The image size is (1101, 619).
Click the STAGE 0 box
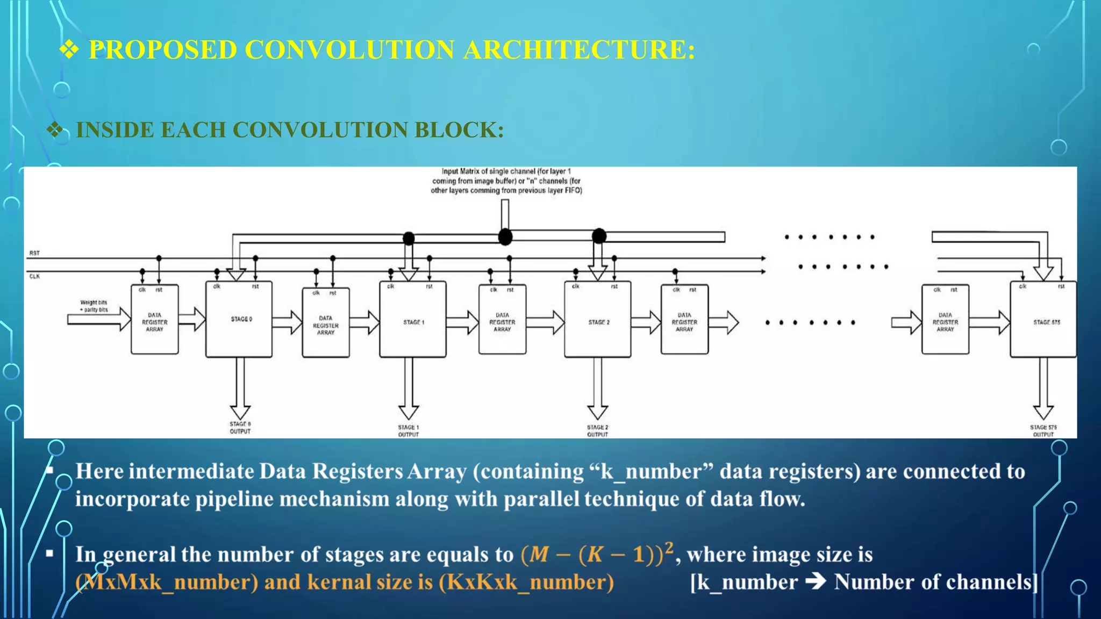[239, 319]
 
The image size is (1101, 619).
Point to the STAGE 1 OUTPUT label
[408, 431]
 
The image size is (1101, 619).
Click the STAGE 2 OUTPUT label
[597, 431]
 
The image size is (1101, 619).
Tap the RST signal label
[34, 253]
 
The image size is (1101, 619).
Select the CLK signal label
[34, 276]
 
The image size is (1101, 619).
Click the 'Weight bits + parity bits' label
[94, 306]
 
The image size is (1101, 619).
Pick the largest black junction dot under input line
[505, 237]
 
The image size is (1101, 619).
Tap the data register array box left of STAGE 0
[155, 320]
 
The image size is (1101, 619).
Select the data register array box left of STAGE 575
[945, 320]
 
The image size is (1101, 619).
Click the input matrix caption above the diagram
[506, 181]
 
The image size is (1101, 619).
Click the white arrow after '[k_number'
[816, 582]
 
